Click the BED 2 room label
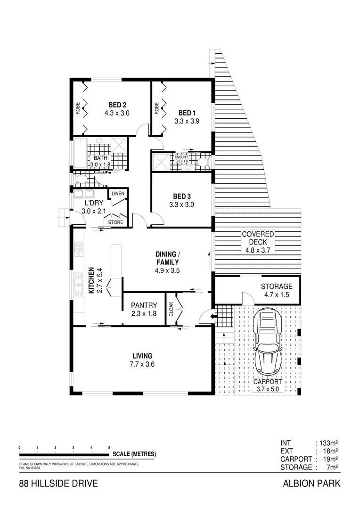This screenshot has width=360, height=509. pos(117,105)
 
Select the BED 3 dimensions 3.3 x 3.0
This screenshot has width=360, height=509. pos(182,205)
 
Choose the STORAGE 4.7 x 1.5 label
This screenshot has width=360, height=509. pos(277,286)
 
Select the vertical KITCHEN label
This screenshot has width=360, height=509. pos(91,281)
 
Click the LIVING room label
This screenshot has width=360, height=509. pos(142,355)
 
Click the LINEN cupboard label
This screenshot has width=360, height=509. pos(118,194)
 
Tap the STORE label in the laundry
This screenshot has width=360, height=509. pos(115,222)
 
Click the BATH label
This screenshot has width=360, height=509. pos(100,158)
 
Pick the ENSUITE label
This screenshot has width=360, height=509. pos(182,156)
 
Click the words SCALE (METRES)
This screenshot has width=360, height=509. pos(134,454)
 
